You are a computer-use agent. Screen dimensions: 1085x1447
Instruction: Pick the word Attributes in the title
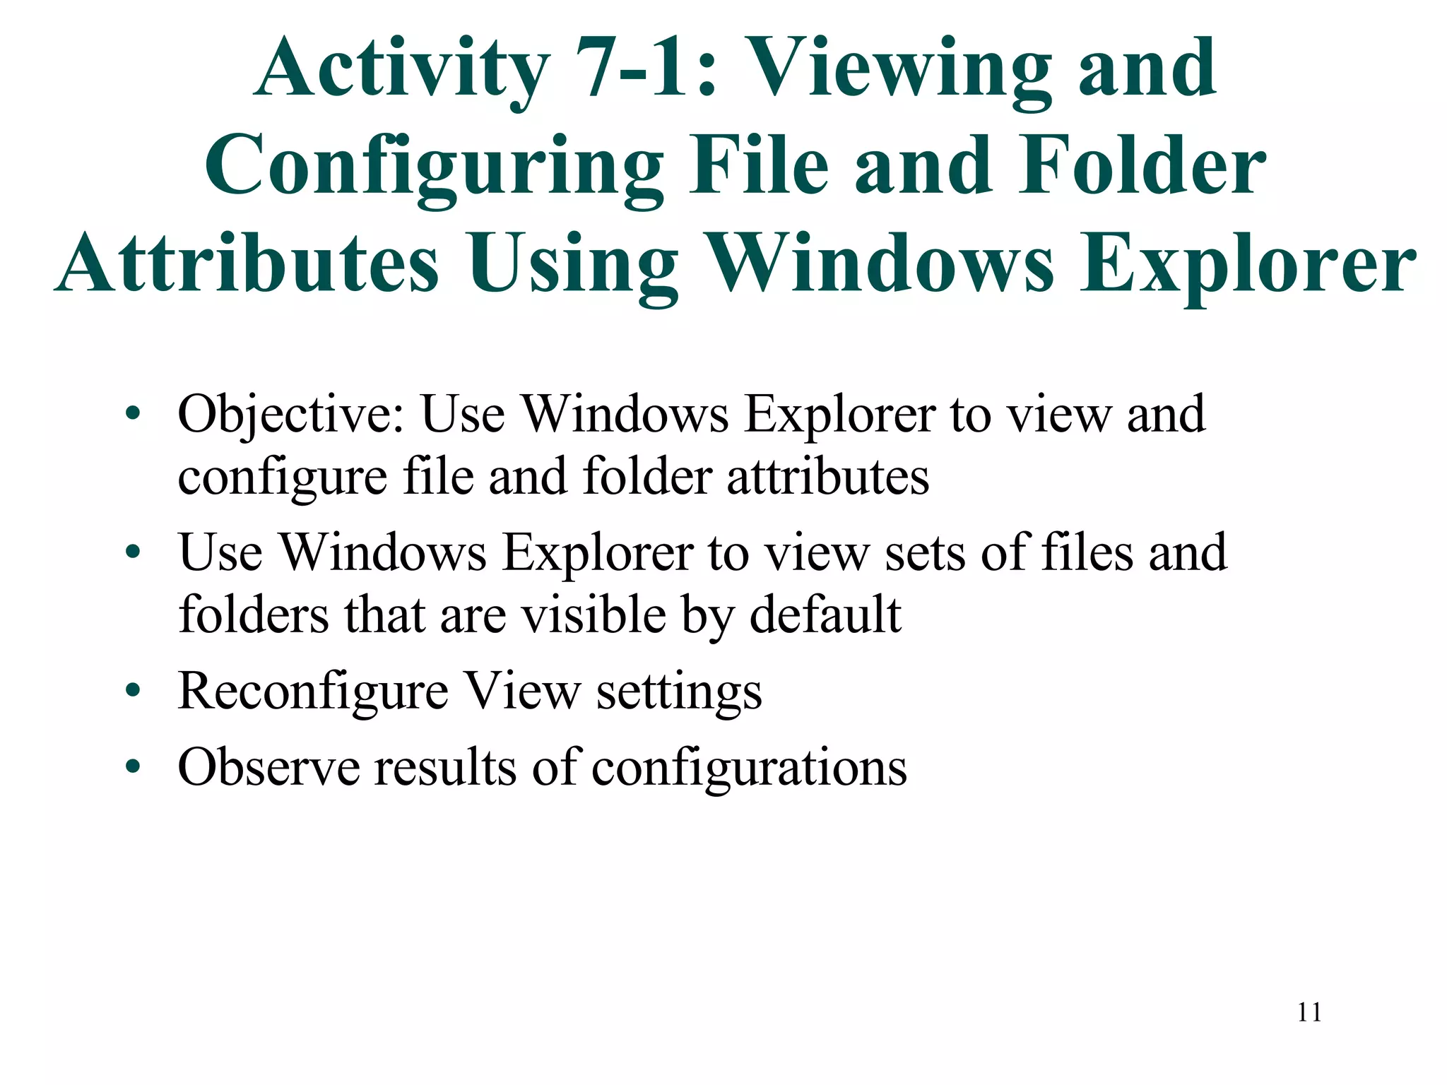[x=247, y=264]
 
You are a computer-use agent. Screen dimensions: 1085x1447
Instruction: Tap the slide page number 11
[x=1309, y=1012]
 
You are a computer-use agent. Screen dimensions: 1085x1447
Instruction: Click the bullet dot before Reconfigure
[x=133, y=690]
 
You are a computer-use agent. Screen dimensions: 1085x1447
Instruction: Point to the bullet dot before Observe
[x=133, y=766]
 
